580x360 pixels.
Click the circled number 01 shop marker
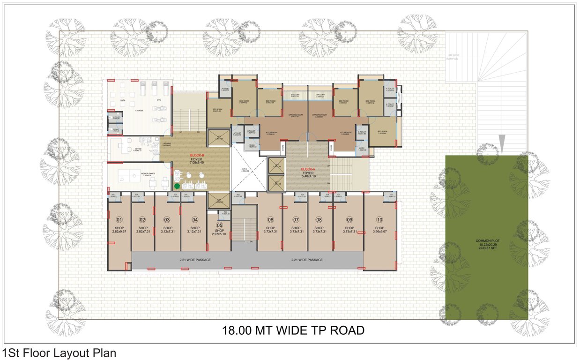(119, 219)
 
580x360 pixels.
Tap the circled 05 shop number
(219, 225)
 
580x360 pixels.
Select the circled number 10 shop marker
(379, 219)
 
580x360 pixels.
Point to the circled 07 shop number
(296, 219)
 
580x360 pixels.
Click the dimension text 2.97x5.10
(219, 234)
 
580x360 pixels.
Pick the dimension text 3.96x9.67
(379, 231)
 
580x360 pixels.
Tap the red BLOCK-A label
(307, 169)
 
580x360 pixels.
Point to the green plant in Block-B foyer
(177, 186)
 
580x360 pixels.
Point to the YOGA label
(123, 100)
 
